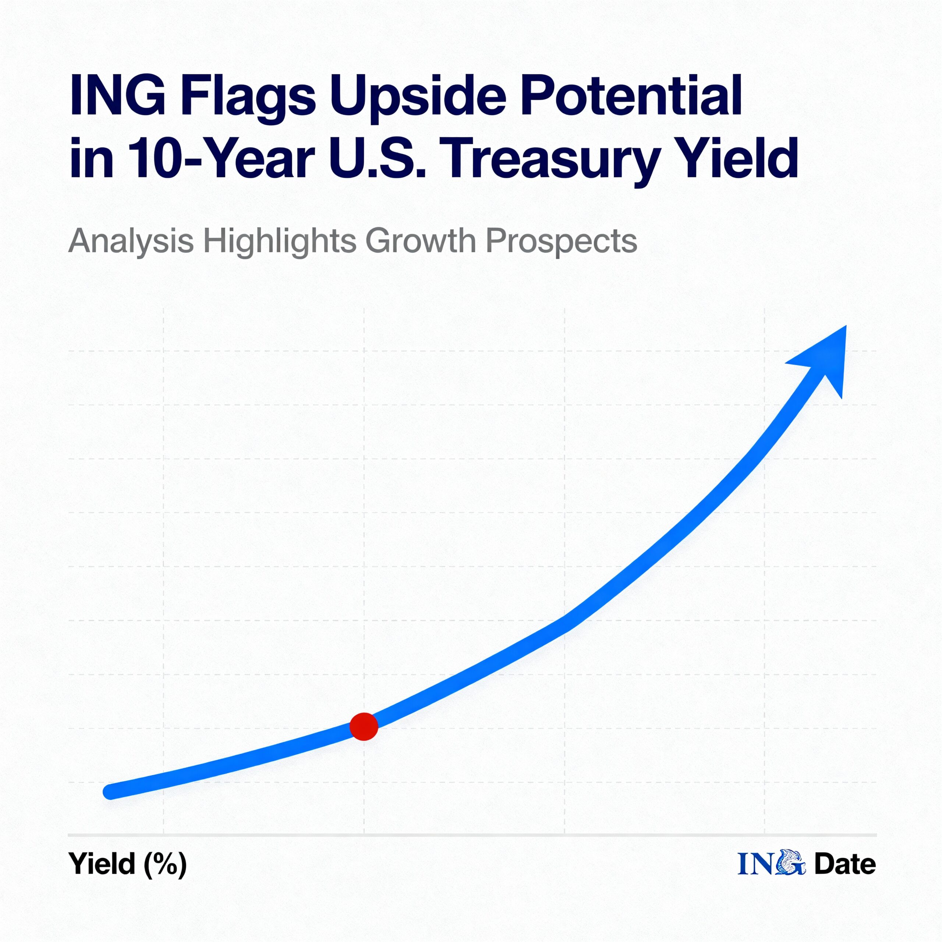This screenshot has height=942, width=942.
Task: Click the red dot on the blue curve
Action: pos(364,726)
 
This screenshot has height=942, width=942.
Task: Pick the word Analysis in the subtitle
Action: pos(131,241)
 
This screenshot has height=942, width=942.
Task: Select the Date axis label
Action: pos(845,864)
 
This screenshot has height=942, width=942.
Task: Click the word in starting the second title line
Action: pos(91,157)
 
